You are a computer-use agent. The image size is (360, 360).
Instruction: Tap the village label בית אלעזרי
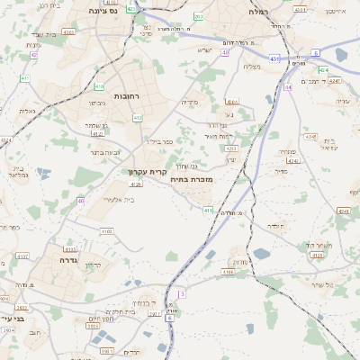coord(118,199)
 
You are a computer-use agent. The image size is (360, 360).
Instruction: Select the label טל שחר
coord(319,284)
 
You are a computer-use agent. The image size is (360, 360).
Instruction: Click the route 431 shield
coord(274,58)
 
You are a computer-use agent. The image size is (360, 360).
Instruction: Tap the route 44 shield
coord(288,87)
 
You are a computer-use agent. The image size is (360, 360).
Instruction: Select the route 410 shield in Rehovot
coord(99,87)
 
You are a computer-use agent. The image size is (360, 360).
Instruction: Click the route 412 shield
coord(138,117)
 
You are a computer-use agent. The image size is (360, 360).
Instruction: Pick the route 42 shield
coord(34,55)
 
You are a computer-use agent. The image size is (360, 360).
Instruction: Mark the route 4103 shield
coord(107,231)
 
